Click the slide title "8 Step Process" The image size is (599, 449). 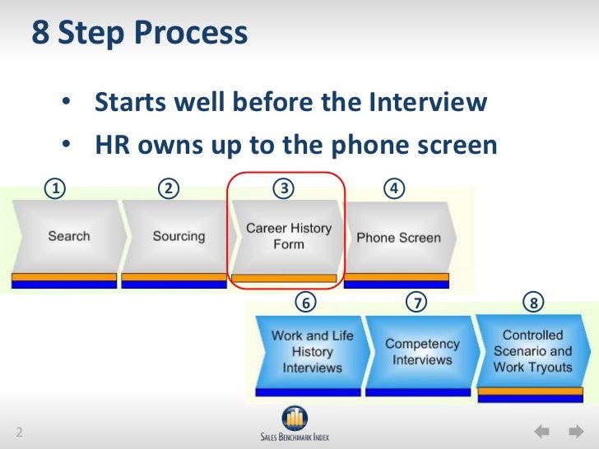(x=139, y=34)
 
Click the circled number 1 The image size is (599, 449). (x=55, y=189)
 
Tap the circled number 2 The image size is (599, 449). (x=169, y=189)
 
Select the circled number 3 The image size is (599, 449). (x=284, y=189)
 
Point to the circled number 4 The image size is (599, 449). (x=396, y=189)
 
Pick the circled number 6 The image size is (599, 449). (x=305, y=303)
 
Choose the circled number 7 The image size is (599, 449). (x=418, y=303)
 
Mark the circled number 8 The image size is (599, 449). (x=534, y=303)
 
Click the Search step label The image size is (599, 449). (x=68, y=236)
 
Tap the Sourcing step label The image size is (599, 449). (x=179, y=236)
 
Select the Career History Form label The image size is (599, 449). (x=289, y=236)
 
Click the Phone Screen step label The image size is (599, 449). (x=398, y=238)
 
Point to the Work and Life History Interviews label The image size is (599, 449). (x=312, y=351)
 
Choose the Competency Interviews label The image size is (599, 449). (x=422, y=352)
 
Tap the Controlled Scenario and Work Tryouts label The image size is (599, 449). (x=532, y=351)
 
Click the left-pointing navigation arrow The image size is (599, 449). (x=541, y=431)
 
